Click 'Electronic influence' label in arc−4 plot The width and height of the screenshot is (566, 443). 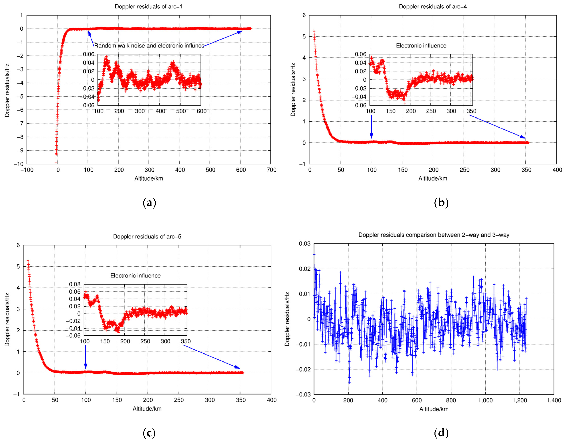421,46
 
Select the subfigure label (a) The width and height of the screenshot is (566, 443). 149,203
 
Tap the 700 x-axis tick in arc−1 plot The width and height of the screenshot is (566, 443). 271,170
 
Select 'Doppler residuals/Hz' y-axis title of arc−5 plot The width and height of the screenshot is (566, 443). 7,319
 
